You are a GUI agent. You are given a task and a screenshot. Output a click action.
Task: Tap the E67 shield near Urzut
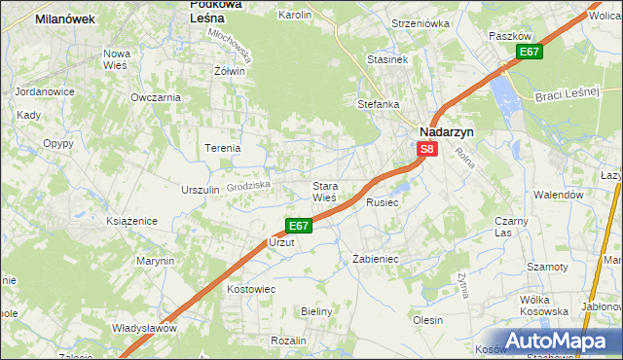299,226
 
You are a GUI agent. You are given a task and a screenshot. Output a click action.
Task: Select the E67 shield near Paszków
529,52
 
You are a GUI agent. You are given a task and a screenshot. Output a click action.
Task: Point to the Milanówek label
64,18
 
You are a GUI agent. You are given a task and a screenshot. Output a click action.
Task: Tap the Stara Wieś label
324,192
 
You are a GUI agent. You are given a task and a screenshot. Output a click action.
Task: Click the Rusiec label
383,203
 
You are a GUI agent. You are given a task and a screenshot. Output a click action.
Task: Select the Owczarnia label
156,97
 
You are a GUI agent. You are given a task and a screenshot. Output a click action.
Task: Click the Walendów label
558,195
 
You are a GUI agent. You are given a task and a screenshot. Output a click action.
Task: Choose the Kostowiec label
251,289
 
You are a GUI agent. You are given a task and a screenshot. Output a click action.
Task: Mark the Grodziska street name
246,184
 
